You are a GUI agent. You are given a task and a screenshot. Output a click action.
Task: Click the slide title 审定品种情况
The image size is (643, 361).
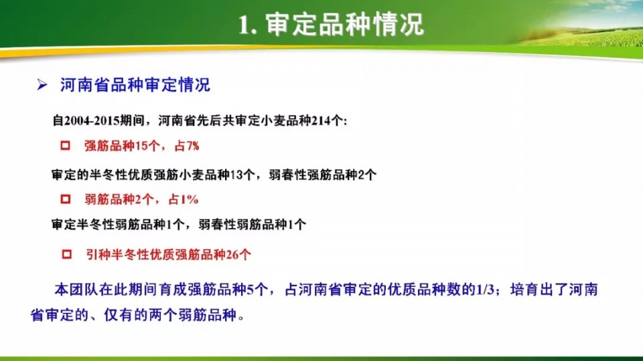(344, 24)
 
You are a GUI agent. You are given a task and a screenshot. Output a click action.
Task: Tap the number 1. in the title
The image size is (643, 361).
(248, 25)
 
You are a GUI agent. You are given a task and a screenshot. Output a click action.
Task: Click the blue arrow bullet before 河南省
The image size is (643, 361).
(42, 85)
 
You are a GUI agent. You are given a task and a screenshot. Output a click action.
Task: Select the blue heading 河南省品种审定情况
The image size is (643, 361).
(135, 85)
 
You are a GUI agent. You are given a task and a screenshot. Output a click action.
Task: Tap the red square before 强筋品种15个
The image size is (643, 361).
(65, 145)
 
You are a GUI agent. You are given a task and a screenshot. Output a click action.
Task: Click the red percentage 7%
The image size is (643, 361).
(192, 146)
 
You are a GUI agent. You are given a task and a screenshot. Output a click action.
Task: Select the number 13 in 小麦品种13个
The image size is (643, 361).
(236, 174)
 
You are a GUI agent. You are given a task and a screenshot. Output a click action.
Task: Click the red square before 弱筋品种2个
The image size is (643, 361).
(65, 199)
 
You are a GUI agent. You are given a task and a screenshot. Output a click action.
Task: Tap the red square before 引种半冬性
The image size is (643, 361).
(66, 254)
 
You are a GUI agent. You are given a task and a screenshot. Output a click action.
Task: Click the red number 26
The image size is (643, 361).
(232, 255)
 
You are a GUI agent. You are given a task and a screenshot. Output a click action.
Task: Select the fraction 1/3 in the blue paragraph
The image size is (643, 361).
(485, 289)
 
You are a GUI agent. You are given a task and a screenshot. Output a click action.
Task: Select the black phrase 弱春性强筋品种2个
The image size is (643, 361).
(322, 174)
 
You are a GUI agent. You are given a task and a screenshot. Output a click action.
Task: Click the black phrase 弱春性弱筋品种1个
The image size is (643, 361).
(253, 225)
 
